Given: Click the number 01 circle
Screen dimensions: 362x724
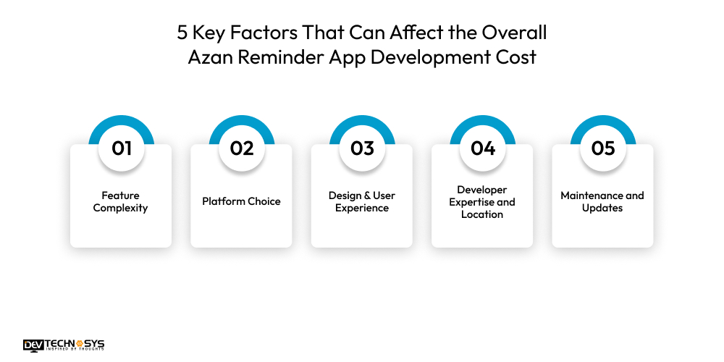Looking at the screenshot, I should [121, 148].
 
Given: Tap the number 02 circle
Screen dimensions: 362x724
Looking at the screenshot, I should [241, 148].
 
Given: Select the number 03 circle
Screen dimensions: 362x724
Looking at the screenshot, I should [362, 148].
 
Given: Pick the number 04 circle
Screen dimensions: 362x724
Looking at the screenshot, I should [482, 148].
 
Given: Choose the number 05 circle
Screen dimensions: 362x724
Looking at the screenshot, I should [602, 148].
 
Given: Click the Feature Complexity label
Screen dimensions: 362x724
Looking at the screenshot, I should [121, 202].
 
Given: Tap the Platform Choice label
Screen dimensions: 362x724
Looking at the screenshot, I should [241, 201].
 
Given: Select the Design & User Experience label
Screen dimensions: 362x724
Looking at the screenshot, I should [362, 202].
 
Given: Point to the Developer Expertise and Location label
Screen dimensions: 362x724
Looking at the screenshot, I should [482, 202].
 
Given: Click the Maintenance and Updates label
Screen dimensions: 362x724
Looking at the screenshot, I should [602, 202].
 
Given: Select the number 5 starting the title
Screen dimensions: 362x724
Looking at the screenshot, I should [182, 33].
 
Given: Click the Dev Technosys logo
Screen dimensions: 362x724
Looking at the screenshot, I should [64, 345].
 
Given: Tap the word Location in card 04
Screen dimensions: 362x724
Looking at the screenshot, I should [482, 214].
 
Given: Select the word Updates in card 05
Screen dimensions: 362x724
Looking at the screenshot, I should [602, 208].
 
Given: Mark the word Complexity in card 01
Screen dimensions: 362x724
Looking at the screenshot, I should [121, 208].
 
